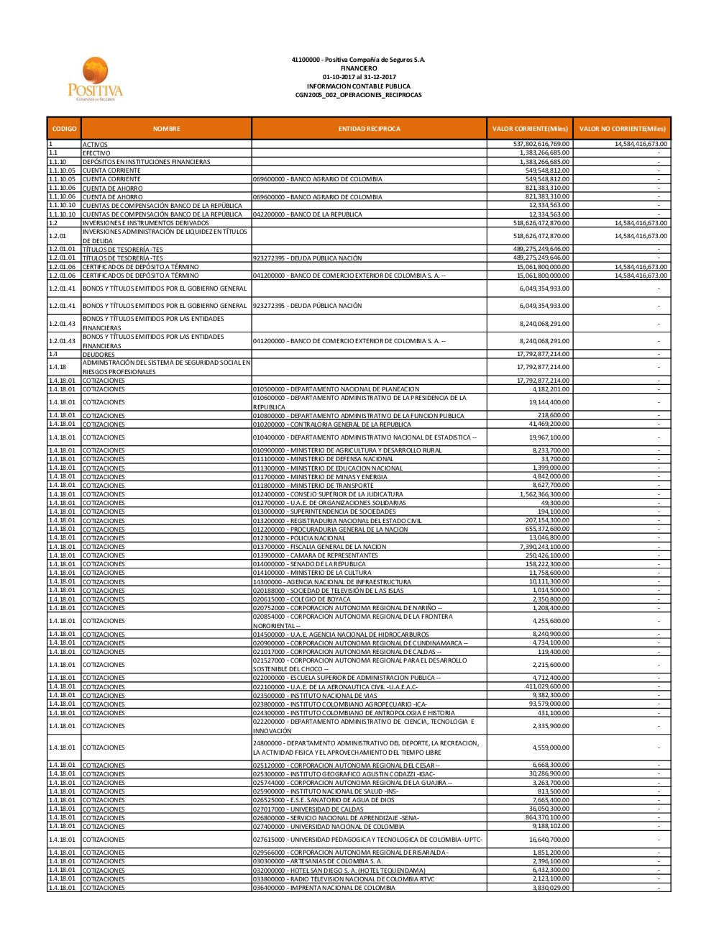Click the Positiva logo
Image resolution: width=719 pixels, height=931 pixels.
click(95, 80)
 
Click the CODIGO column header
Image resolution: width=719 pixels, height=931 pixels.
click(64, 129)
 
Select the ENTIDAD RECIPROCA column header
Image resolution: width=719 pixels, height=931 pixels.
click(369, 129)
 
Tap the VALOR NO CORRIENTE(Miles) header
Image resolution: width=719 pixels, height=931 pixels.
click(622, 129)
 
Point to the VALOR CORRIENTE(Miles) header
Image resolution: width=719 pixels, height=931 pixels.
click(530, 129)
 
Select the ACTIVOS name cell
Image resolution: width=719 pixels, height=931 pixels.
click(95, 145)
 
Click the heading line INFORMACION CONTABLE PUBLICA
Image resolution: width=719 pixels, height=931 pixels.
click(358, 86)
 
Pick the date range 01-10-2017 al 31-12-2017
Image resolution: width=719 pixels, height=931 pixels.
click(358, 77)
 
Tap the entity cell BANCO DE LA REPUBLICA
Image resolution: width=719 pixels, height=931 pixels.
click(308, 214)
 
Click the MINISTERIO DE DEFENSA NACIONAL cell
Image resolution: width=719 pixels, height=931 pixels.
click(324, 459)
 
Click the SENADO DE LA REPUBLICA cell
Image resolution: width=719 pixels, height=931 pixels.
click(309, 564)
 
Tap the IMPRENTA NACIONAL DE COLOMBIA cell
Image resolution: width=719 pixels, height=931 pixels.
click(324, 888)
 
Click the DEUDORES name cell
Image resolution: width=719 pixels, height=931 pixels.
click(99, 354)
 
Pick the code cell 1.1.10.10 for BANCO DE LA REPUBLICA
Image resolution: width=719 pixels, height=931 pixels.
click(62, 214)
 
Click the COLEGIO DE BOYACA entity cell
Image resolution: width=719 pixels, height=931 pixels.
click(302, 599)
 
